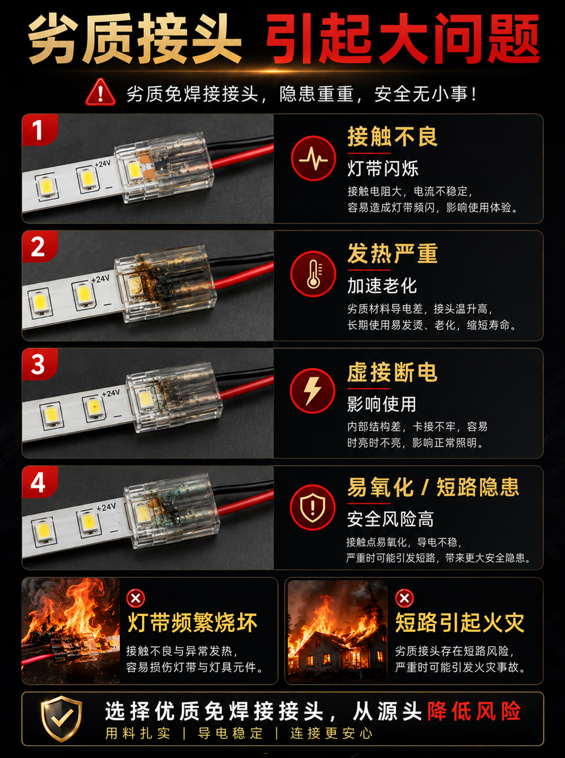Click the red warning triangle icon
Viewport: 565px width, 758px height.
coord(100,92)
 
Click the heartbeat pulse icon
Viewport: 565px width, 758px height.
coord(313,159)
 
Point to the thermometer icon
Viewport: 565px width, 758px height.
coord(313,274)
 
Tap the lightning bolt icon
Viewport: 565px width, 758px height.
coord(313,391)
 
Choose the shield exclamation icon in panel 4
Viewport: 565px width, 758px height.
coord(313,507)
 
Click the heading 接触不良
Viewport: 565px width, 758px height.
coord(392,137)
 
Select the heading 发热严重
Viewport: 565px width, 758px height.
coord(392,253)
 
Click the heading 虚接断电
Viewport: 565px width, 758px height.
coord(392,372)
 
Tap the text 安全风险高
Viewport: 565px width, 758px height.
coord(390,519)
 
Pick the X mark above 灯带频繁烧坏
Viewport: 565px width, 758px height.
coord(136,599)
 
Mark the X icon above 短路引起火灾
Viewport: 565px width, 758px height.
coord(405,599)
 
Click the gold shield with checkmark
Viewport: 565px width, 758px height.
coord(61,719)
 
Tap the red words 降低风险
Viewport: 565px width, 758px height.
coord(474,711)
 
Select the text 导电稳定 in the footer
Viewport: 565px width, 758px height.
coord(230,734)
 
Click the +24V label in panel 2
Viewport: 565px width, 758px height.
coord(100,279)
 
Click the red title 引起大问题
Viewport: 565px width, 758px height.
coord(403,39)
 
